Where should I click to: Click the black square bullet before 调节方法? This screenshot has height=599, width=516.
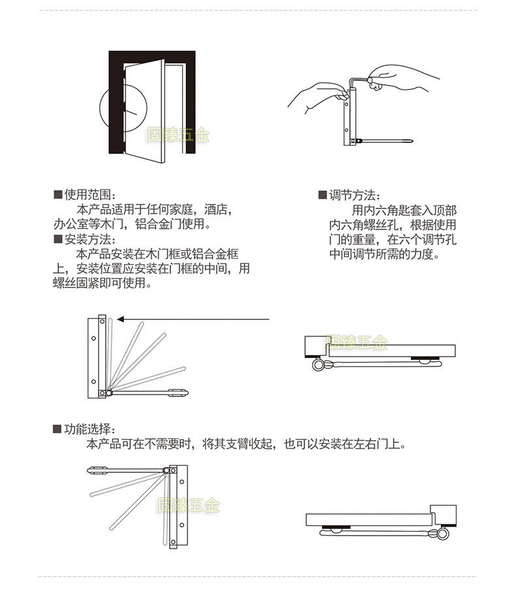point(322,195)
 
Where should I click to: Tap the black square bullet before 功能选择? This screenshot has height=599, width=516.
point(57,429)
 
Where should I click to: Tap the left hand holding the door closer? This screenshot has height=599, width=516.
point(317,97)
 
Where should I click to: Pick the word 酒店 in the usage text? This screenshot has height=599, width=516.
point(216,210)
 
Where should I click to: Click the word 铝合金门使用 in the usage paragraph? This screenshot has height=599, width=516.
point(172,225)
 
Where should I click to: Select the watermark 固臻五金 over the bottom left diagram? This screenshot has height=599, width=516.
point(189,505)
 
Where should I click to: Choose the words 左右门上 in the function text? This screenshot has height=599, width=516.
point(381,445)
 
